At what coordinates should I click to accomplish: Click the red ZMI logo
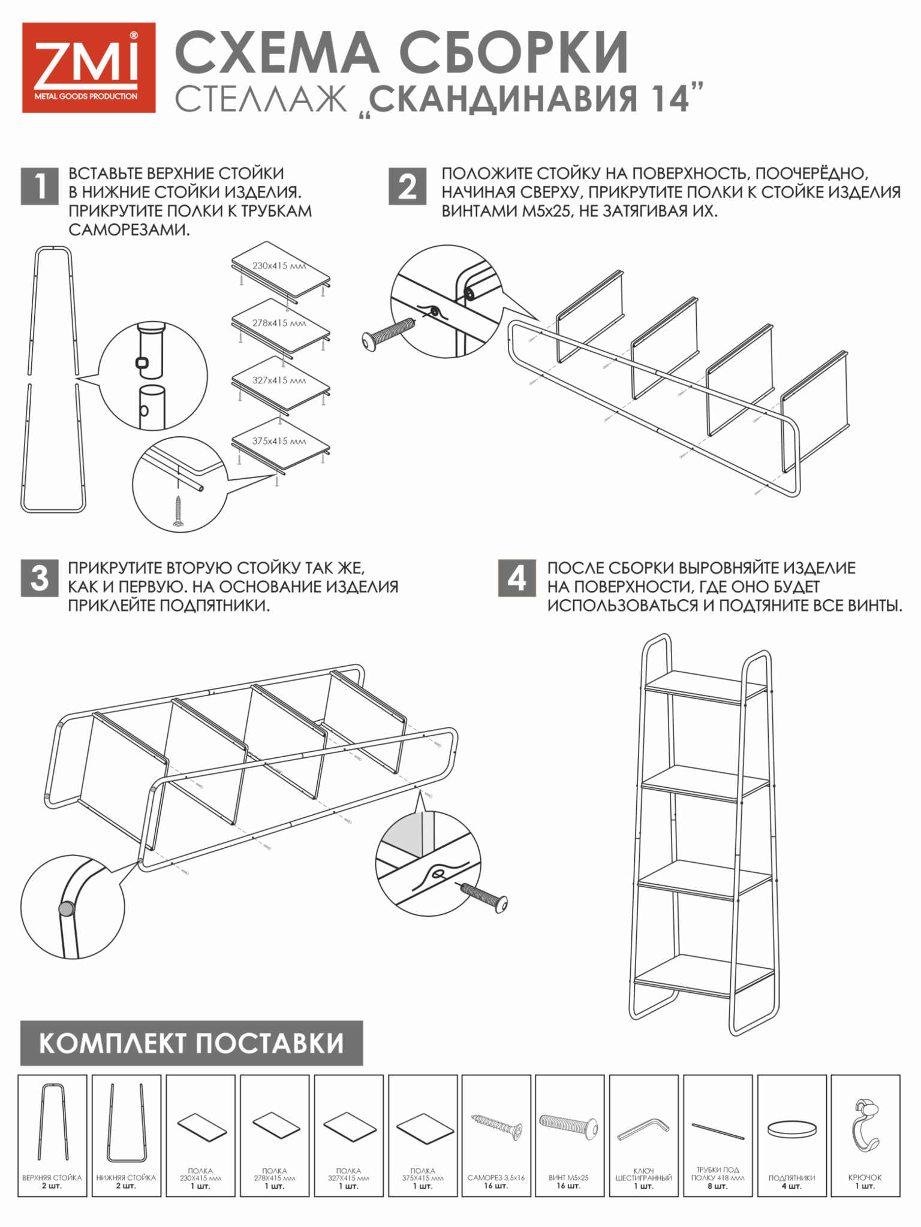(x=89, y=68)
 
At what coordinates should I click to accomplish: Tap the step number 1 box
(x=40, y=186)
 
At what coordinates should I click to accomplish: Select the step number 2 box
(x=408, y=186)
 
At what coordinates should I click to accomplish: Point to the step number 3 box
(x=40, y=578)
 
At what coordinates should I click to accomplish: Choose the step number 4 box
(x=517, y=578)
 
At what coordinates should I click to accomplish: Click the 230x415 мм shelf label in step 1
(x=279, y=265)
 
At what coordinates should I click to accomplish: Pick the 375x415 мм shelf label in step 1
(x=279, y=441)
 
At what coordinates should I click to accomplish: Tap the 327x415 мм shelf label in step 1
(x=279, y=380)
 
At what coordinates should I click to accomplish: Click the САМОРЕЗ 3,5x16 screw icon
(x=496, y=1125)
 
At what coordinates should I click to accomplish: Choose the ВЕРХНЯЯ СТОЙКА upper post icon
(x=53, y=1122)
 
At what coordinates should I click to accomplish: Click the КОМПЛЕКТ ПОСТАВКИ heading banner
(x=191, y=1043)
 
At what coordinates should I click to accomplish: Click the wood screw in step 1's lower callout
(x=178, y=511)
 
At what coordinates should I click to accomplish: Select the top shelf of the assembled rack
(x=706, y=689)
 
